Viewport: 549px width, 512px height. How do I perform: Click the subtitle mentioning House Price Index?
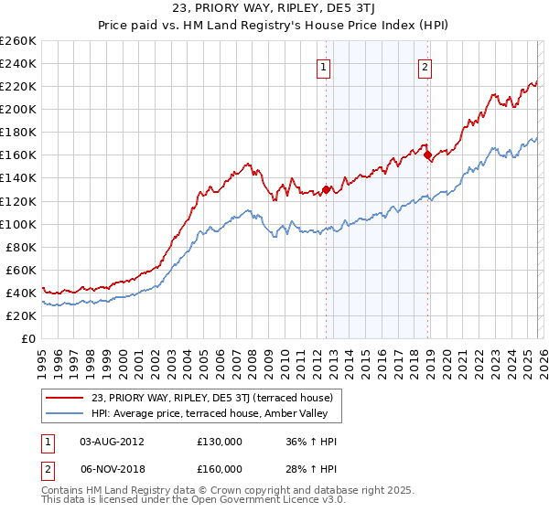274,25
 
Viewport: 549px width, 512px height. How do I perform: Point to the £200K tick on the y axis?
18,109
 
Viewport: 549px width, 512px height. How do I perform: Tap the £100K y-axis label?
18,224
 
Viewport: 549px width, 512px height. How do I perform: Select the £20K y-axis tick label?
21,315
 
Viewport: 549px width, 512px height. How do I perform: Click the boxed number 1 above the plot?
325,66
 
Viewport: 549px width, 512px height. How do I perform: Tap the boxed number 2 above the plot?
426,66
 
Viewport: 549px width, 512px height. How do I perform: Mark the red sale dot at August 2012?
326,189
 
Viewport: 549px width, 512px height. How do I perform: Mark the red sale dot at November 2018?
427,155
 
